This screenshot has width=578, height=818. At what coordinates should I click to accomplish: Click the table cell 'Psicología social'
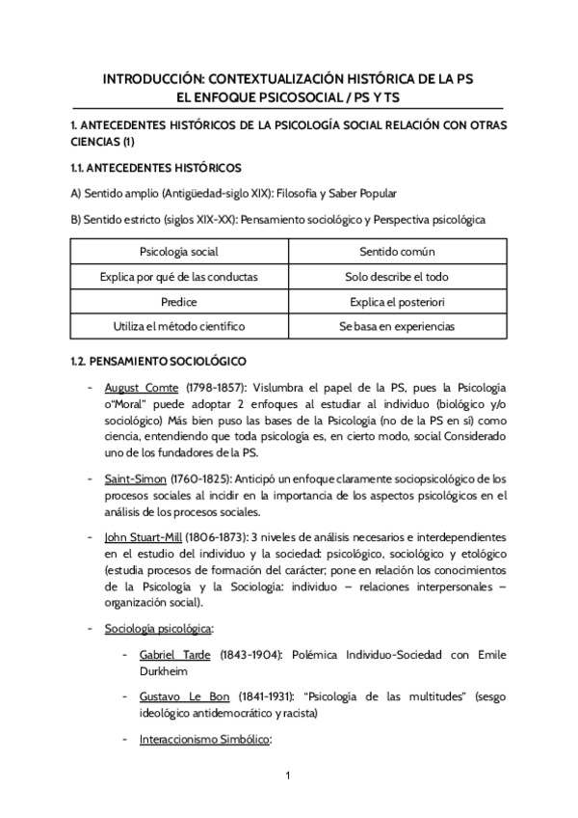point(178,252)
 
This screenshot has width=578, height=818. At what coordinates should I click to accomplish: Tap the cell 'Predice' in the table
point(178,301)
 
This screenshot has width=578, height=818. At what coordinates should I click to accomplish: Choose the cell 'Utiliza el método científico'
point(178,326)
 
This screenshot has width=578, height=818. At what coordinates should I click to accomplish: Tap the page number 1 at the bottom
point(288,776)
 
